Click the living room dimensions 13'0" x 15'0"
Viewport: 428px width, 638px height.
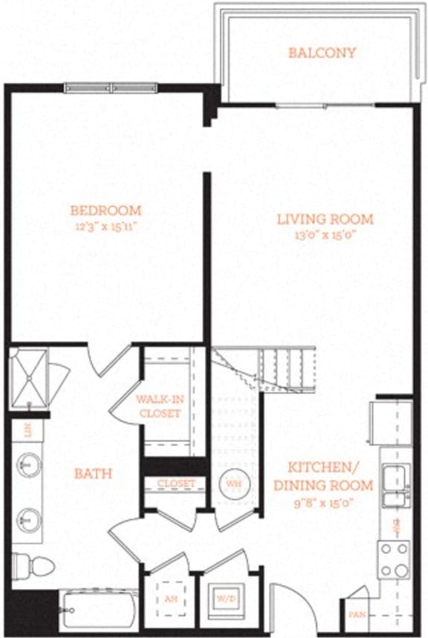(325, 234)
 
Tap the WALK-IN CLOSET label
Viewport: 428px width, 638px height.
(159, 406)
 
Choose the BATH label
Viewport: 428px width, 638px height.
(93, 473)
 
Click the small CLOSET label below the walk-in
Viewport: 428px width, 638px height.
(175, 484)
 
